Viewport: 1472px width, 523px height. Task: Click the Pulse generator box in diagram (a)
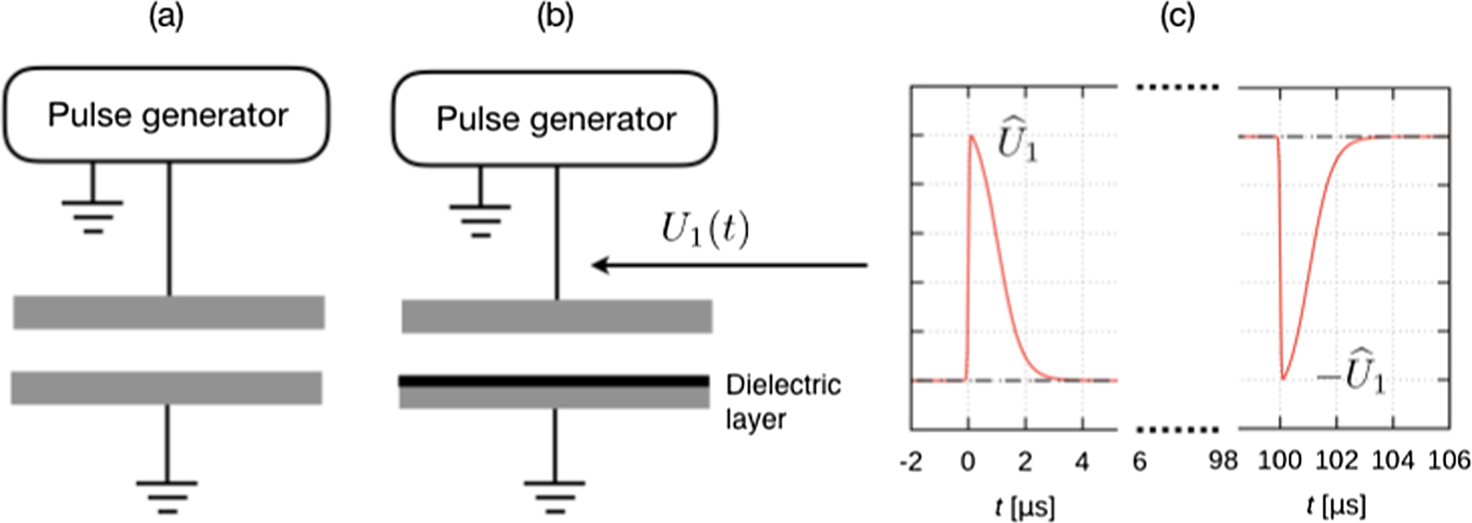click(167, 116)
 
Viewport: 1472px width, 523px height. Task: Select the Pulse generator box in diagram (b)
click(555, 119)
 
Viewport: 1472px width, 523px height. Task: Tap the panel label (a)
click(166, 18)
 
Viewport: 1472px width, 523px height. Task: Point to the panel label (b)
click(555, 18)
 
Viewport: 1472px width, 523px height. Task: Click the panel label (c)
click(1177, 18)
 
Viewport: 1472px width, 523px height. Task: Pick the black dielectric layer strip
click(554, 381)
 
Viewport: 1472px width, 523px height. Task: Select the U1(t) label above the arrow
click(706, 229)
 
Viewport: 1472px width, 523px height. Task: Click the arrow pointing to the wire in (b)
click(730, 266)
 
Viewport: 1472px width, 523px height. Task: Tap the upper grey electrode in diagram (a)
click(168, 312)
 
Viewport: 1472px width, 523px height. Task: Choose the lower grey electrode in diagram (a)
click(166, 387)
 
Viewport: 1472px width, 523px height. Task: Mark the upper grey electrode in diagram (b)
click(556, 316)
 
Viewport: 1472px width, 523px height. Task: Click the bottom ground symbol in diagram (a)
click(166, 496)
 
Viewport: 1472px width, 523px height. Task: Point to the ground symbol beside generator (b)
click(479, 220)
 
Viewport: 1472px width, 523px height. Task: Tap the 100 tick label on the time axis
click(1280, 460)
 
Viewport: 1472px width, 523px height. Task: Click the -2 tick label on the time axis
click(911, 460)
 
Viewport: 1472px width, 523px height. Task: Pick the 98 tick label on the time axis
click(1223, 460)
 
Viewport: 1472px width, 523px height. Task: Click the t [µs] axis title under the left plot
click(1025, 505)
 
